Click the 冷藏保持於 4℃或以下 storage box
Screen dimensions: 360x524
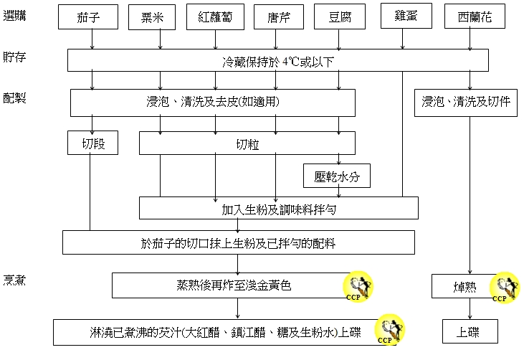[x=277, y=60]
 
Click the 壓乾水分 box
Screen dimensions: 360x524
[x=337, y=176]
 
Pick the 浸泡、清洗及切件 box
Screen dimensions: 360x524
[x=466, y=102]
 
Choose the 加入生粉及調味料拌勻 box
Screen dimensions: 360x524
[x=278, y=209]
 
